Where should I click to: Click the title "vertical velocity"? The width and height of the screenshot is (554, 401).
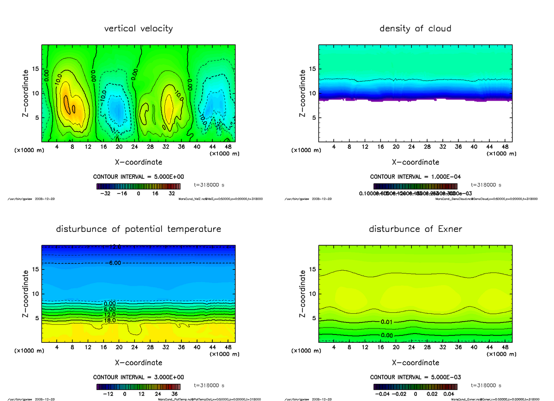pyautogui.click(x=138, y=29)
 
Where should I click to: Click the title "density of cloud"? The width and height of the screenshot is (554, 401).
pyautogui.click(x=415, y=29)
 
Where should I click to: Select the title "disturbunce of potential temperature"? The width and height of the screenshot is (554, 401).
pyautogui.click(x=138, y=229)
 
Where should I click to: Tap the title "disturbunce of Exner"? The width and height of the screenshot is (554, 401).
pyautogui.click(x=415, y=229)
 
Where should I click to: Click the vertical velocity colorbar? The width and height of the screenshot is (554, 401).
pyautogui.click(x=138, y=186)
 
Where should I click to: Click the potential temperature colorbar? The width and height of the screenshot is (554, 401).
pyautogui.click(x=138, y=387)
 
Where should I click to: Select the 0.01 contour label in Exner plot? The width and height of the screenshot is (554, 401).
pyautogui.click(x=387, y=322)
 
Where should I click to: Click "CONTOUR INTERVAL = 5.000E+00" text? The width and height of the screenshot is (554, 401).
pyautogui.click(x=138, y=177)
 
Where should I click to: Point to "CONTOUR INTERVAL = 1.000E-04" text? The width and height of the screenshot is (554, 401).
pyautogui.click(x=415, y=177)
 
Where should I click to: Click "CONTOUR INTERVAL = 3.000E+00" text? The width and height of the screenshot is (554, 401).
pyautogui.click(x=138, y=377)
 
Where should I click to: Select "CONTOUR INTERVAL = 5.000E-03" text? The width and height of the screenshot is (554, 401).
pyautogui.click(x=415, y=377)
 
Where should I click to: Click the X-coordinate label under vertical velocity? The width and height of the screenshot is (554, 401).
pyautogui.click(x=138, y=162)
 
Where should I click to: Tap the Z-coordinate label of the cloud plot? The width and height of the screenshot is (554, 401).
pyautogui.click(x=303, y=93)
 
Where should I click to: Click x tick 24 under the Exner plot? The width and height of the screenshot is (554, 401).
pyautogui.click(x=412, y=346)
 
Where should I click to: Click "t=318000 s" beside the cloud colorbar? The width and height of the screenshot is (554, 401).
pyautogui.click(x=486, y=185)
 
